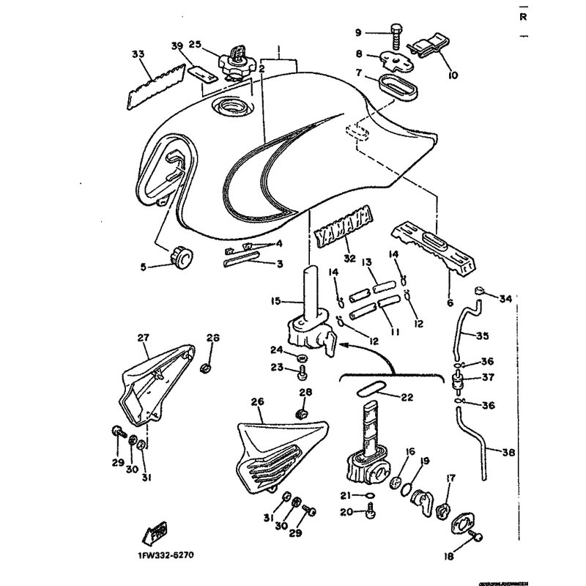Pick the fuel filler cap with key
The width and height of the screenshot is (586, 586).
(238, 59)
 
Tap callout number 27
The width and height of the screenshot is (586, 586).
(143, 338)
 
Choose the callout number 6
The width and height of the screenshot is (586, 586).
(449, 302)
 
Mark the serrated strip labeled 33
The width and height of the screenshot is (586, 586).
(153, 89)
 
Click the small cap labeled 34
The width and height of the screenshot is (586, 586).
(480, 291)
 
